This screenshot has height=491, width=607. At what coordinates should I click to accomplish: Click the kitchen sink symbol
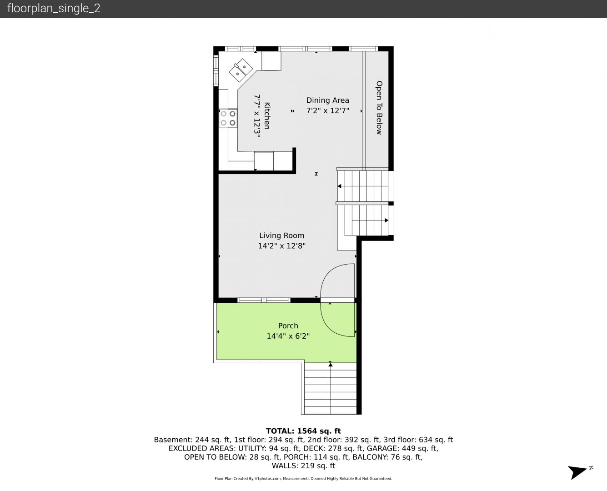[241, 70]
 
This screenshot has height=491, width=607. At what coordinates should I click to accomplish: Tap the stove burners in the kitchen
[228, 118]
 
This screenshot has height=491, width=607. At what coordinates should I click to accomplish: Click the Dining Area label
[327, 100]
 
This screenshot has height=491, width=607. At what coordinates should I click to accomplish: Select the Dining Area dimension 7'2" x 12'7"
[327, 110]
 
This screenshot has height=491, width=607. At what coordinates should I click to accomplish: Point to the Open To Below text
[379, 107]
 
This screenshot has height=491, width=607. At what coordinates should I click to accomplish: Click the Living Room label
[281, 235]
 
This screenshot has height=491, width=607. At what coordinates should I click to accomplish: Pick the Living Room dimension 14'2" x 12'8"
[281, 245]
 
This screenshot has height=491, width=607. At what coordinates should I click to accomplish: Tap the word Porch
[288, 326]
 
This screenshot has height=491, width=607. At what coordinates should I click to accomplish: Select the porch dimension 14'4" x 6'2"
[288, 336]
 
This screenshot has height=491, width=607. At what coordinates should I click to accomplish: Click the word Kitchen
[267, 115]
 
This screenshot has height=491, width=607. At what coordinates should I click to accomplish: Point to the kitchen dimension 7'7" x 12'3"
[257, 116]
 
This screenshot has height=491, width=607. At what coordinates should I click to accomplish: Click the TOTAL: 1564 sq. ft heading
[303, 431]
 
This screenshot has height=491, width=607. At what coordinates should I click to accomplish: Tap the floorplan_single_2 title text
[54, 9]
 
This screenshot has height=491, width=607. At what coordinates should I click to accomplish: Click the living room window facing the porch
[264, 300]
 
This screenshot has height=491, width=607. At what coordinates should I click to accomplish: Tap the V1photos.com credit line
[303, 479]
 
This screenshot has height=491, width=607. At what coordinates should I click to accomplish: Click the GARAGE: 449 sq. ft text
[402, 449]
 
